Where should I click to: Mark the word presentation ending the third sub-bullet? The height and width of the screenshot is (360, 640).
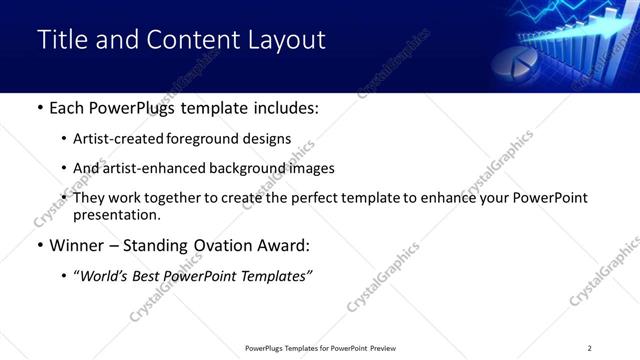(x=116, y=214)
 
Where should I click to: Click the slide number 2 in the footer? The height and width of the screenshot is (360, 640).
(x=589, y=348)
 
